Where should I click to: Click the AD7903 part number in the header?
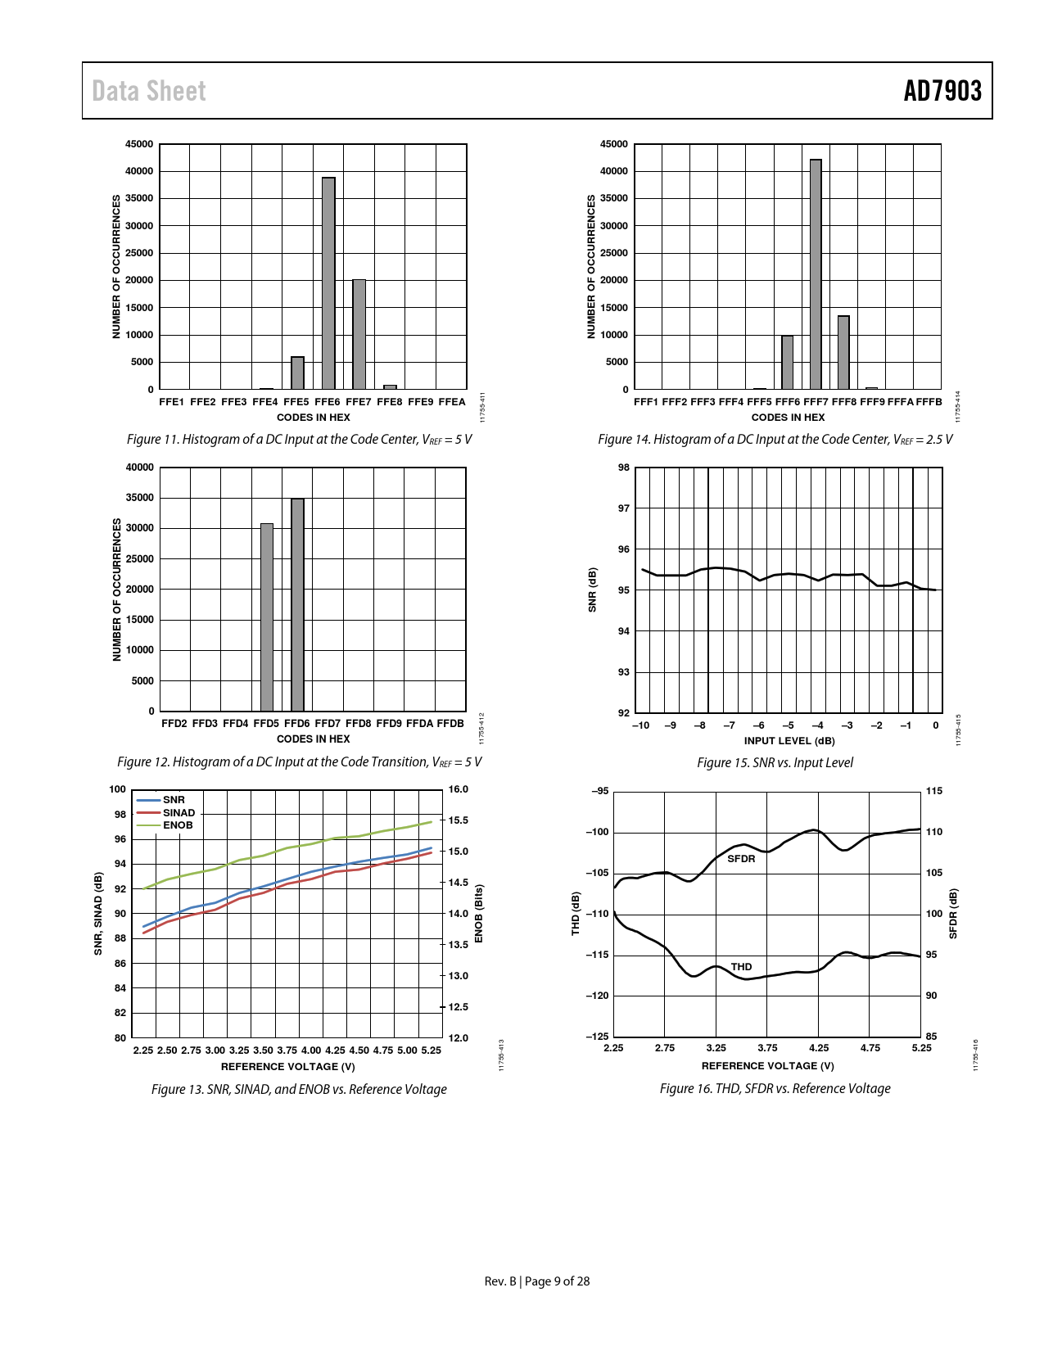point(942,91)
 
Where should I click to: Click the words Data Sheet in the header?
point(149,91)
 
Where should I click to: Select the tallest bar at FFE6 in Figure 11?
point(328,282)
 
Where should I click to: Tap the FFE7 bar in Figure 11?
point(359,334)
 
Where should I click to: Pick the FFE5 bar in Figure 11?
point(297,373)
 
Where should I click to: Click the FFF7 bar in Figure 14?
point(816,274)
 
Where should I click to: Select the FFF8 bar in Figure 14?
point(843,352)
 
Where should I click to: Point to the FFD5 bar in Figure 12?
point(267,617)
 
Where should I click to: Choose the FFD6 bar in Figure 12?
point(297,605)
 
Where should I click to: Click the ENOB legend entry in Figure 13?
point(177,825)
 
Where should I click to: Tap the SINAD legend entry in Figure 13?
point(179,813)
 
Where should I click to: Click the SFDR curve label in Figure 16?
point(741,859)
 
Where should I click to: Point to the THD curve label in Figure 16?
point(741,967)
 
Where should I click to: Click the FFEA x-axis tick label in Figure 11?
point(452,402)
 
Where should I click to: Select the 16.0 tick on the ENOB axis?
point(459,789)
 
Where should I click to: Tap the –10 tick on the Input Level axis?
point(640,725)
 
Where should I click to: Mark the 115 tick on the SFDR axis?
point(934,791)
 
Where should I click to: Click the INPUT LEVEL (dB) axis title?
point(789,741)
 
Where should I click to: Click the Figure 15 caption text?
point(775,762)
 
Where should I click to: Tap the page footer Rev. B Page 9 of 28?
point(537,1281)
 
